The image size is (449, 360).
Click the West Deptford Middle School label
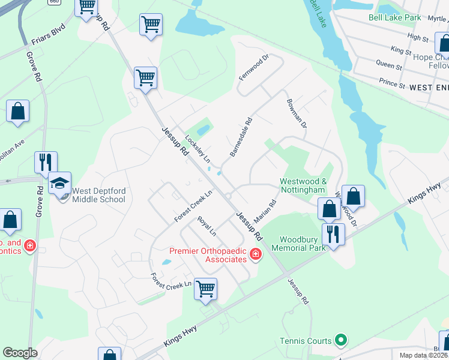coord(99,196)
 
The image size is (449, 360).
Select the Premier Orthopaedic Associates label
coord(208,255)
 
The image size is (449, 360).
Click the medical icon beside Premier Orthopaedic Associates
coord(256,255)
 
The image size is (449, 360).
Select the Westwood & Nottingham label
coord(304,185)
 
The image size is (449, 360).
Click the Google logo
coord(20,352)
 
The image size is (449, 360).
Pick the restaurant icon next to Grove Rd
coord(46,162)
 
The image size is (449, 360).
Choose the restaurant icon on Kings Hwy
coord(332,233)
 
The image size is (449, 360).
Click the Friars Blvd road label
coord(47,38)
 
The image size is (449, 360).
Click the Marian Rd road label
coord(264,211)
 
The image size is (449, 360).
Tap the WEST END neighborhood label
coord(429,88)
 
